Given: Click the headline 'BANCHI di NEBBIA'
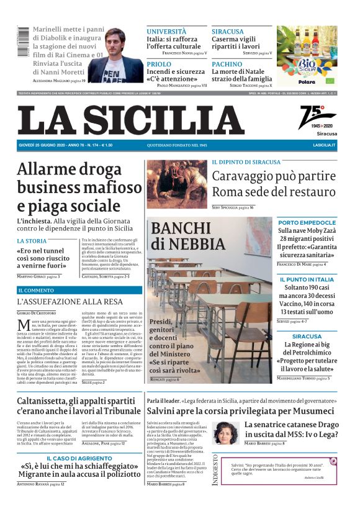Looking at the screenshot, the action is click(x=188, y=235).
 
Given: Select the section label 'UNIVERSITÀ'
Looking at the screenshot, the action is click(x=166, y=31).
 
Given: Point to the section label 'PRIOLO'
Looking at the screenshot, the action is click(x=159, y=64).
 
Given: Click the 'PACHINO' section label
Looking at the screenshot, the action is click(x=227, y=64).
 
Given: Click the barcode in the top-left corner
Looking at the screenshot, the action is click(x=24, y=43).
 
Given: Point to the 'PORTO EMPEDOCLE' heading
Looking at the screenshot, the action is click(x=307, y=222).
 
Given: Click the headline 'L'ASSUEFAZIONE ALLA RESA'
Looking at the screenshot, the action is click(x=70, y=302).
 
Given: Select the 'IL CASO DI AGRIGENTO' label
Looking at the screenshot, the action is click(x=79, y=458).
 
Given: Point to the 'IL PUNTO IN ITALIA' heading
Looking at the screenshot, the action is click(x=307, y=279).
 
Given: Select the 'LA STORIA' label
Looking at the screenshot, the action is click(x=32, y=241).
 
